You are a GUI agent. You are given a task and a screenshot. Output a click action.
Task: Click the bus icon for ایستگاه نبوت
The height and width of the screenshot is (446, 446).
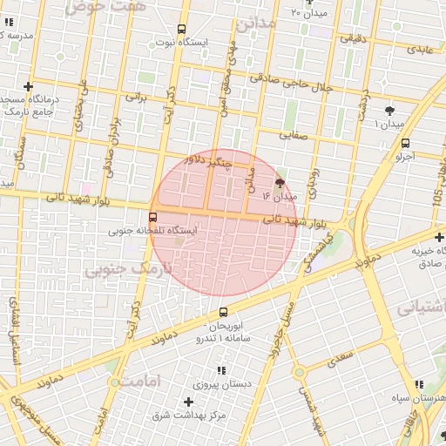[x=181, y=29]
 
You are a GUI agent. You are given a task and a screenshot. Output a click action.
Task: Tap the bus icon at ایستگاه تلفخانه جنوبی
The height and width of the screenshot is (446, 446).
[x=153, y=217]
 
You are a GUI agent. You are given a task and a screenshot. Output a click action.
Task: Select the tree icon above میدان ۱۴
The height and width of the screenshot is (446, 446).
[x=280, y=183]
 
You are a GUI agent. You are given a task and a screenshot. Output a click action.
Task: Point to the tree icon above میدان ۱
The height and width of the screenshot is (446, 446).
[x=389, y=110]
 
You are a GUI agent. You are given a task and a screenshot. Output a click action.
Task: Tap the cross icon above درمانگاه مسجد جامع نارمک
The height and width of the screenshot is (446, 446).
[x=29, y=86]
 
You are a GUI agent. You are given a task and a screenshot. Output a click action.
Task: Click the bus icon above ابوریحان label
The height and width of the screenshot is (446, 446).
[x=223, y=312]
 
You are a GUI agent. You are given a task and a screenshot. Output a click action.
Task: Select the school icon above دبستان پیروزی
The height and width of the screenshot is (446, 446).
[x=222, y=369]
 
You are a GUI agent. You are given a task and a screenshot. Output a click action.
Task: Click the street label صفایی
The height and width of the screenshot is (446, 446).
[x=293, y=135]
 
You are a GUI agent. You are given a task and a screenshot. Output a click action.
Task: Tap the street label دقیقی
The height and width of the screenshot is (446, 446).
[x=353, y=38]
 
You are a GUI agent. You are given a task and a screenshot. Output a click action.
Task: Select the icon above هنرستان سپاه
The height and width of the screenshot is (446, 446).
[x=419, y=383]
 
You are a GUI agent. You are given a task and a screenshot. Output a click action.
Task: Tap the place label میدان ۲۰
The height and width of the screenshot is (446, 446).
[x=309, y=13]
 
